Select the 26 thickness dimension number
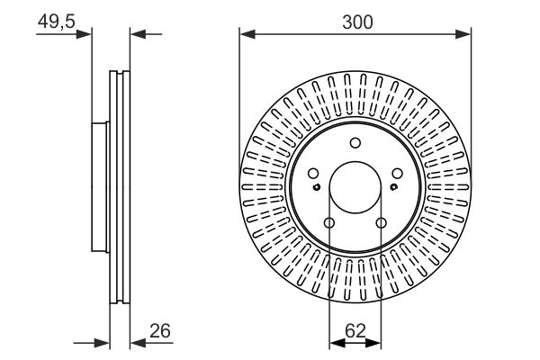[x=160, y=332]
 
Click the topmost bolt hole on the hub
[x=355, y=142]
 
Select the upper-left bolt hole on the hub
[x=313, y=174]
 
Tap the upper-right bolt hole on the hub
[x=398, y=174]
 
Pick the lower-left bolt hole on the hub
[x=329, y=223]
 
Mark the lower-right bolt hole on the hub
[x=382, y=223]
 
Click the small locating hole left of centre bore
[x=317, y=187]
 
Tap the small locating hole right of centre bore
[x=394, y=187]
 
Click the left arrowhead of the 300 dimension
[x=246, y=35]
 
